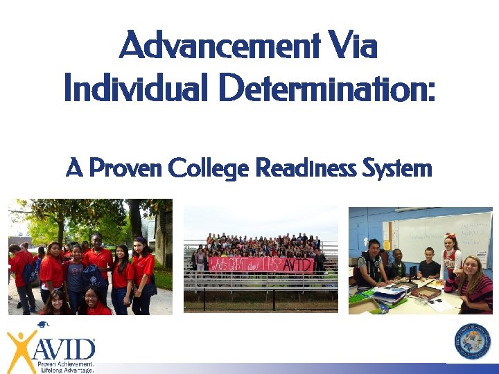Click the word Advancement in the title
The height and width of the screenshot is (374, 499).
[219, 48]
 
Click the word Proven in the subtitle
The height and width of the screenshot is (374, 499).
[125, 168]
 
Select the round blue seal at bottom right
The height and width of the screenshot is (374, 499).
[472, 341]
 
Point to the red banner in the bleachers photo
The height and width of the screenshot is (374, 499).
[261, 265]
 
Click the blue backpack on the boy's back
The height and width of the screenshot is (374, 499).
[29, 273]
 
